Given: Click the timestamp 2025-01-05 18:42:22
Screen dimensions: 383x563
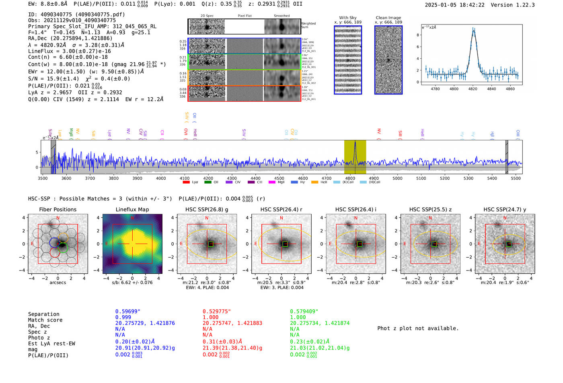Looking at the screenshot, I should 454,5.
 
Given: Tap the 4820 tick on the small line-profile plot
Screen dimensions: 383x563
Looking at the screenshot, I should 473,89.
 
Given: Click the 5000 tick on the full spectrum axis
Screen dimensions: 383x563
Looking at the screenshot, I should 397,178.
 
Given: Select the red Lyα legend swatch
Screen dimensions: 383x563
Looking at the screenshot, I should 186,182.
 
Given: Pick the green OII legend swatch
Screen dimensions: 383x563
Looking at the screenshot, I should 208,182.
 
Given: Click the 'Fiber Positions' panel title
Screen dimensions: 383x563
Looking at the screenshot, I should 58,209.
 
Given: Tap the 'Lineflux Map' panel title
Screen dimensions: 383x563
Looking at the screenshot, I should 132,209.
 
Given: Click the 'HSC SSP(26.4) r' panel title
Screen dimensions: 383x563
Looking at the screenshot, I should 281,209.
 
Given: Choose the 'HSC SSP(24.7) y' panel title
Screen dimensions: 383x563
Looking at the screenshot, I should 505,209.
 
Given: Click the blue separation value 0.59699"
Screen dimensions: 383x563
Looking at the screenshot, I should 128,311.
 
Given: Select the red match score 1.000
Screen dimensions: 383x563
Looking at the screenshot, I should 211,317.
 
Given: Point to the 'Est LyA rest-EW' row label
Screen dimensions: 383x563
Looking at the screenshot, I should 51,344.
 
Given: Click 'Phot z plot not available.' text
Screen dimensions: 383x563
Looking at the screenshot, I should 418,328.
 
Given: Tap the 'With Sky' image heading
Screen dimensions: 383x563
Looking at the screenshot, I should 348,18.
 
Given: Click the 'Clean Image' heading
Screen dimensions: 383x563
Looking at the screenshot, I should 388,18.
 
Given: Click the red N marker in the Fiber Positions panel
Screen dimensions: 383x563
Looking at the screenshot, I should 58,218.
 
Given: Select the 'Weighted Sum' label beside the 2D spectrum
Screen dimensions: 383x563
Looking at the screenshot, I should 308,25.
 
